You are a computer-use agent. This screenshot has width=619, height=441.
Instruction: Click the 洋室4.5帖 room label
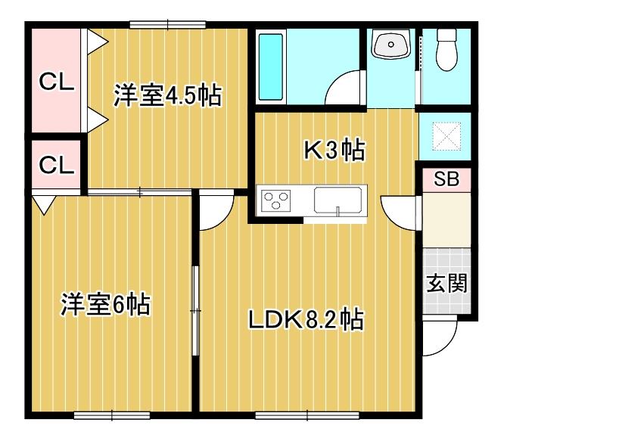coord(167,96)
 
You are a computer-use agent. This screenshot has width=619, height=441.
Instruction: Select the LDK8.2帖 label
coord(306,320)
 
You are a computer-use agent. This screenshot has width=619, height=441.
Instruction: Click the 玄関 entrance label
coord(446,284)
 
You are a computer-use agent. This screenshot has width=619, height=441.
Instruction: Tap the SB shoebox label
coord(446,180)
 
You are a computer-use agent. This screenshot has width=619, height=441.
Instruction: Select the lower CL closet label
coord(57,164)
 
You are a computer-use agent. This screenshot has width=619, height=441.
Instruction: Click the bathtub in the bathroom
coord(271,67)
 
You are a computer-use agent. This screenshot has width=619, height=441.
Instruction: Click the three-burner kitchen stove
coord(276,201)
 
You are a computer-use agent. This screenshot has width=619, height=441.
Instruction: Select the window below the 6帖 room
coord(111,415)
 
